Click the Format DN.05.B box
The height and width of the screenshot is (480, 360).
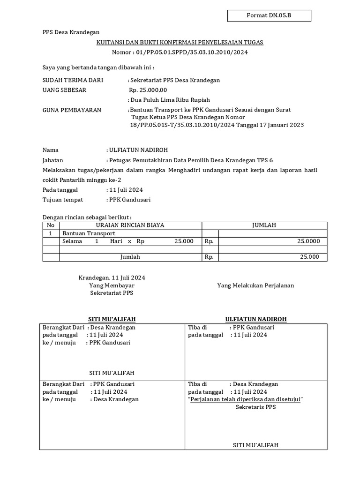tap(269, 16)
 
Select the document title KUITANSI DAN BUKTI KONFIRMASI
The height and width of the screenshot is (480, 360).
tap(180, 42)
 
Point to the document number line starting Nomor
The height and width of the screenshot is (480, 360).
tap(180, 52)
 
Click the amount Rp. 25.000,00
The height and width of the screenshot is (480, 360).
tap(148, 90)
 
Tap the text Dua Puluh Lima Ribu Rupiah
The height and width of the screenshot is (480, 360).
tap(170, 100)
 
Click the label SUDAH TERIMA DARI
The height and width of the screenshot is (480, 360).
tap(73, 80)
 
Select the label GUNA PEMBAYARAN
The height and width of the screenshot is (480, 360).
tap(72, 110)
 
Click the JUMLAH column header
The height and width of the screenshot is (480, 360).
tap(264, 225)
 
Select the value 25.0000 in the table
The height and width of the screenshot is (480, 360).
tap(308, 241)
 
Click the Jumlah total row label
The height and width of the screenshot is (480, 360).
tap(130, 257)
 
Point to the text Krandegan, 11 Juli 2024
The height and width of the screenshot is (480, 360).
tap(112, 277)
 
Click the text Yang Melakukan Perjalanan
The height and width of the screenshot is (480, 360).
tap(255, 285)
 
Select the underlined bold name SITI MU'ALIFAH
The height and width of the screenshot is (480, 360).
tap(112, 319)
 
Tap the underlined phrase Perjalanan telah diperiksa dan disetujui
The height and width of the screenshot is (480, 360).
tap(246, 399)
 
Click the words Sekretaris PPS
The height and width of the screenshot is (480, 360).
tap(255, 407)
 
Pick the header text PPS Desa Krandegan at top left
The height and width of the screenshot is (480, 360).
tap(71, 32)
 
